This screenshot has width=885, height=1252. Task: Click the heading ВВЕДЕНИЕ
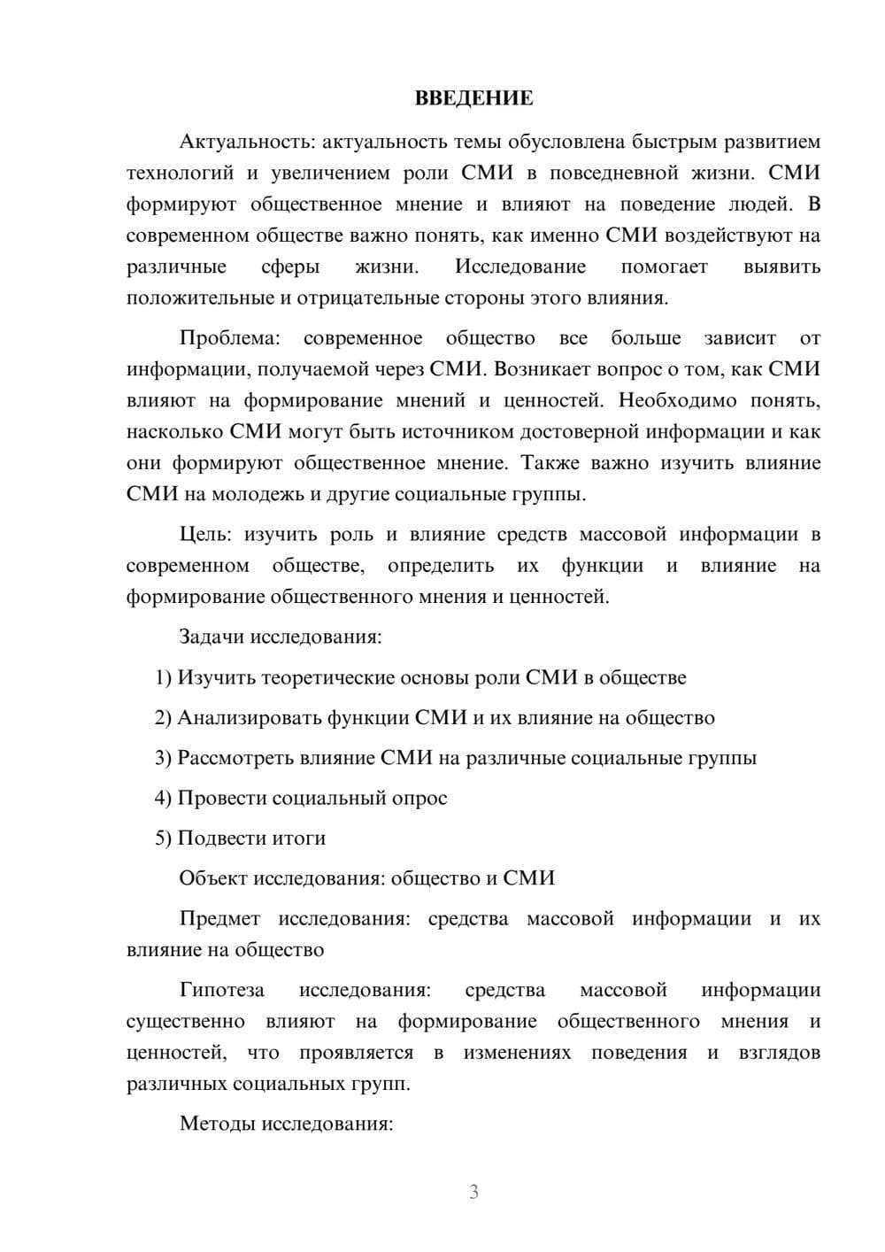point(473,98)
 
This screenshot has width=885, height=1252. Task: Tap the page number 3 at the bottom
point(473,1192)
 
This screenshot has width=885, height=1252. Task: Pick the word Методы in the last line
point(213,1124)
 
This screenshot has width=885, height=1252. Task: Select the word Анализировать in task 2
point(249,718)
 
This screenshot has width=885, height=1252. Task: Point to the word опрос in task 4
point(419,798)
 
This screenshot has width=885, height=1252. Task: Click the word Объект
point(213,878)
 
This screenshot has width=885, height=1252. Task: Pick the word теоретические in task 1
point(323,678)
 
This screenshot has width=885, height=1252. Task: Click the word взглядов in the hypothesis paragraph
point(779,1053)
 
